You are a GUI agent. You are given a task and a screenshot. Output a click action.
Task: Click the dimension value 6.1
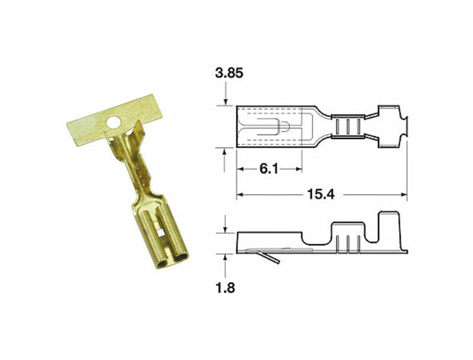coord(268,169)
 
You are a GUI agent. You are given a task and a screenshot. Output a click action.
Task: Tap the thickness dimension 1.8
coord(225,289)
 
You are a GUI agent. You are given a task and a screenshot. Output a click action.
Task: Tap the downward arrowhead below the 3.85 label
coord(225,102)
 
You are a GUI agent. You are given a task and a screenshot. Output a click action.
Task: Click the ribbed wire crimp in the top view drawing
coord(346,127)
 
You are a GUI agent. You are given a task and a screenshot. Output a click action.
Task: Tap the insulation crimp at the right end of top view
coord(387,127)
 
